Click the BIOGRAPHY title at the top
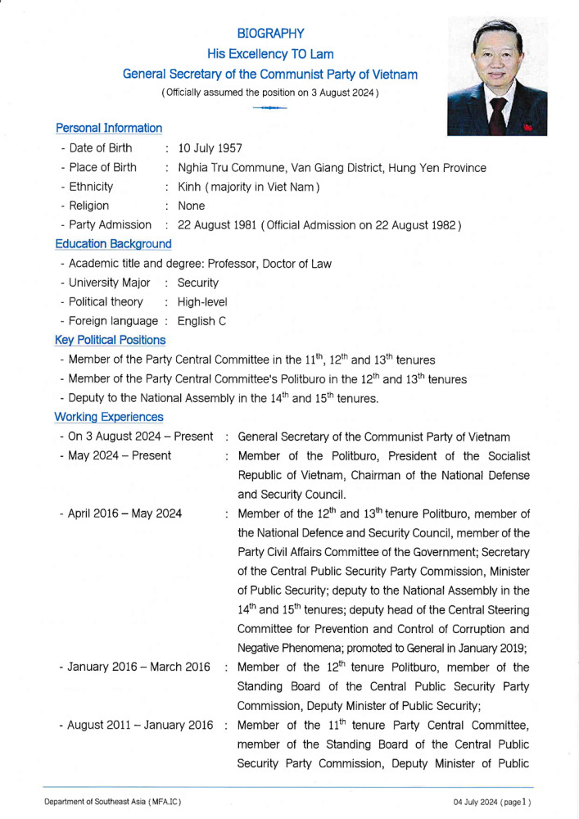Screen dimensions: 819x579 click(x=270, y=34)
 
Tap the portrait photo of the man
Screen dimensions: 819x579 click(x=497, y=78)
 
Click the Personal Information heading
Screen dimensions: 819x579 click(x=109, y=128)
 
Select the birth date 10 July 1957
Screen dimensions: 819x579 click(x=210, y=148)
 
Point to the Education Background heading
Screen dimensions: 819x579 click(x=114, y=243)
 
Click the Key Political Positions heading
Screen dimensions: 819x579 click(x=111, y=340)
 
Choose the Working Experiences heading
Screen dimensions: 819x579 click(x=109, y=417)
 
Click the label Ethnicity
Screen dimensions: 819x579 click(x=91, y=187)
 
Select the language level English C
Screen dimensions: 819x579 click(x=201, y=321)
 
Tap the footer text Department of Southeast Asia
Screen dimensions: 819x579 click(x=112, y=801)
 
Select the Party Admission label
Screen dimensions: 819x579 click(x=110, y=224)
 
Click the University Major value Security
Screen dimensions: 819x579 click(x=198, y=283)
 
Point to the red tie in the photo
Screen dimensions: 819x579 click(x=496, y=115)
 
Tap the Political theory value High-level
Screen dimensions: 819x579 click(x=202, y=301)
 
